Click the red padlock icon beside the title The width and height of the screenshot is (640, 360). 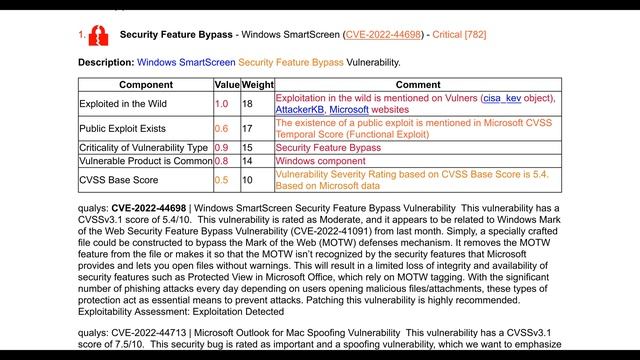click(x=98, y=36)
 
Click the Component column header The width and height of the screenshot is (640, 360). click(x=146, y=86)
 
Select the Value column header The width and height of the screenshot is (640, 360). click(x=227, y=86)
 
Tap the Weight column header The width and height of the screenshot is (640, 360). click(x=257, y=86)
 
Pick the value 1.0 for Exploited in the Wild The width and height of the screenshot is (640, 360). click(x=222, y=103)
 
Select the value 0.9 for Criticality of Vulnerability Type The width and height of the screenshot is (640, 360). click(x=222, y=147)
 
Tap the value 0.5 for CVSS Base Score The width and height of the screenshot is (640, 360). click(x=222, y=180)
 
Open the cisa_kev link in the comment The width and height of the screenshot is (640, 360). click(x=507, y=98)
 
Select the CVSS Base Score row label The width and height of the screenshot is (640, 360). click(x=119, y=180)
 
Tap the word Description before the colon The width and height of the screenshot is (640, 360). click(x=104, y=62)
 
